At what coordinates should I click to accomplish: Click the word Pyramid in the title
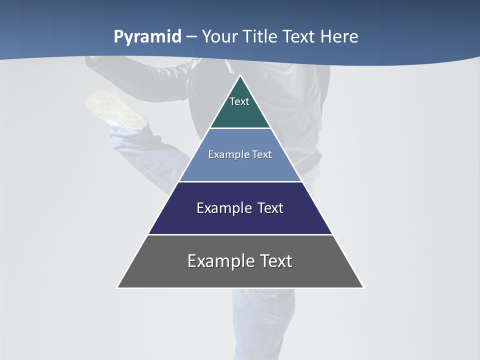click(147, 37)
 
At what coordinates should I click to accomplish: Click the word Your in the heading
click(220, 37)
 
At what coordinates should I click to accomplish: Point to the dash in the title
click(191, 37)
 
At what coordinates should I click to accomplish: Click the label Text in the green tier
click(239, 101)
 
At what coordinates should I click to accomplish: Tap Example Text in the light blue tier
click(240, 154)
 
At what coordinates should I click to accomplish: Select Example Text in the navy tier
click(240, 208)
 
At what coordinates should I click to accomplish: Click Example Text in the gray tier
click(240, 261)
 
